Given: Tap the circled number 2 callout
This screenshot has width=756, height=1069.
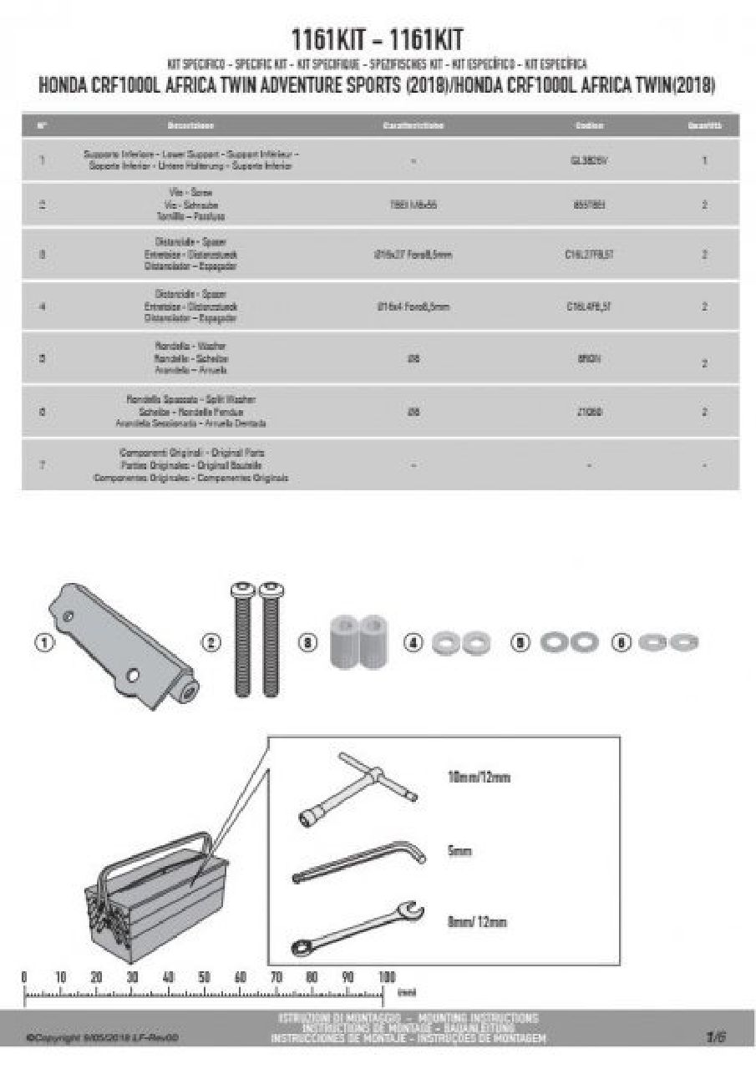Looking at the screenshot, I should pyautogui.click(x=211, y=642).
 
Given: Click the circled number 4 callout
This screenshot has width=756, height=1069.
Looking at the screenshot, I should pyautogui.click(x=414, y=643).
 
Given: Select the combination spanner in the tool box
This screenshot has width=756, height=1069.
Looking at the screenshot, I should pyautogui.click(x=358, y=927).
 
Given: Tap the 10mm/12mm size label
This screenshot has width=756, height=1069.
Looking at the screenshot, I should pyautogui.click(x=479, y=778).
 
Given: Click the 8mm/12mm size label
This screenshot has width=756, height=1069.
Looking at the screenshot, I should pyautogui.click(x=477, y=922).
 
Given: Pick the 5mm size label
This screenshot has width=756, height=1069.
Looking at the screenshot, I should pyautogui.click(x=460, y=851).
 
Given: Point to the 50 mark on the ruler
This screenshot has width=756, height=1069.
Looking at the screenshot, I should pyautogui.click(x=205, y=977).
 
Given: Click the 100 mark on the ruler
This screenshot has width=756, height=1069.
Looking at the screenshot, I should pyautogui.click(x=385, y=977).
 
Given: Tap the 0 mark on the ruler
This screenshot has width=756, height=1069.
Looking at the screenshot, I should pyautogui.click(x=24, y=977).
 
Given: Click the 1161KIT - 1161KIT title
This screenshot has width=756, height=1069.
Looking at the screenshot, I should pyautogui.click(x=377, y=39).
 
